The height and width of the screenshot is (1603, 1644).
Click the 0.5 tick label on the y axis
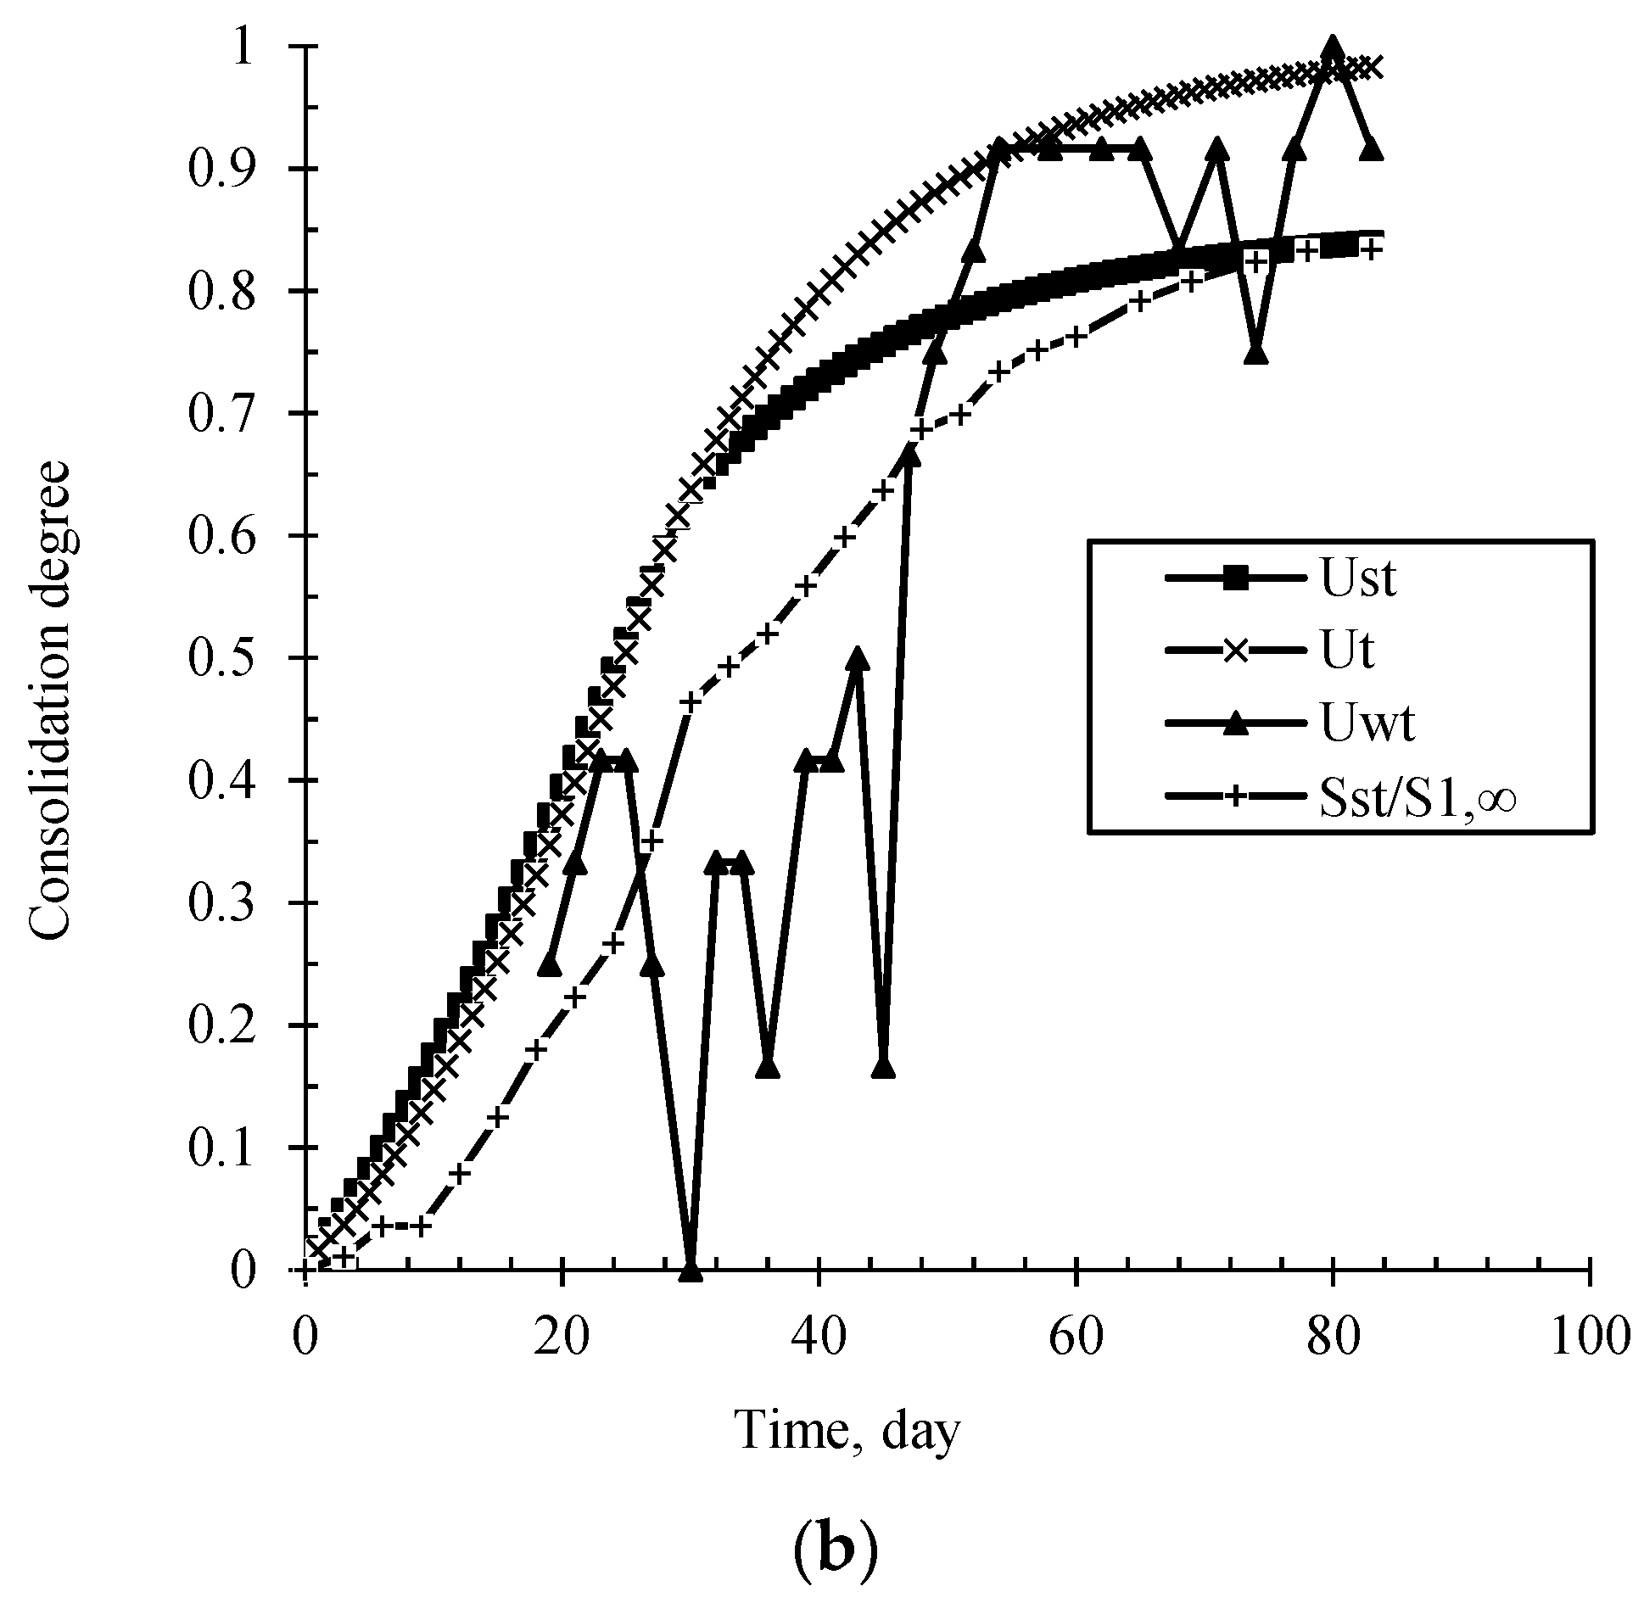click(x=221, y=658)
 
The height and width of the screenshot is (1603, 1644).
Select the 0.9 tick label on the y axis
click(x=221, y=169)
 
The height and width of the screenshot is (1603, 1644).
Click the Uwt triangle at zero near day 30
click(x=691, y=1270)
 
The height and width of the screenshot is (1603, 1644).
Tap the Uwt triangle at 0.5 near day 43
click(x=858, y=659)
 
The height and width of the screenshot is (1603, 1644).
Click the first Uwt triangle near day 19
click(x=551, y=965)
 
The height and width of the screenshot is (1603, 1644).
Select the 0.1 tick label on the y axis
click(x=221, y=1148)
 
